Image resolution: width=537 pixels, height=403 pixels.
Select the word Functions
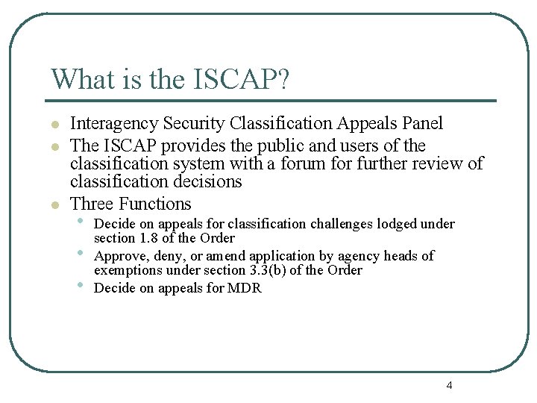click(x=155, y=204)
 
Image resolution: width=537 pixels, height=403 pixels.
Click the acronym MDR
click(x=245, y=288)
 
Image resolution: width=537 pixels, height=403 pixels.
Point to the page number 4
click(x=449, y=385)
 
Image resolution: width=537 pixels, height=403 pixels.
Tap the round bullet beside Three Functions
click(x=54, y=204)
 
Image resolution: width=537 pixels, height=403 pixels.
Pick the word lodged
click(x=398, y=224)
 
